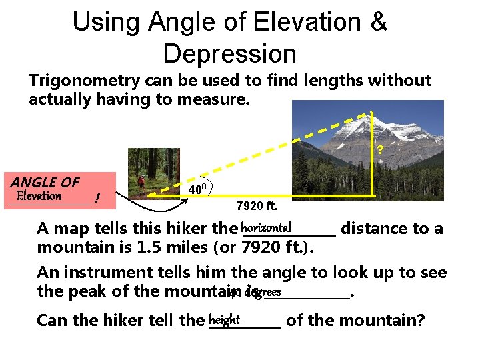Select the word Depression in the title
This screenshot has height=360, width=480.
(229, 53)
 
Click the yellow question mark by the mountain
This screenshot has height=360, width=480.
(379, 151)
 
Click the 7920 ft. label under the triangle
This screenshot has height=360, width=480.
(257, 205)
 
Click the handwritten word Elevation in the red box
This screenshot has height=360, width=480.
(39, 196)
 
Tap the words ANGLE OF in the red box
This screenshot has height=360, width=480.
(45, 182)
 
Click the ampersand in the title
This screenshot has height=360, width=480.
(379, 22)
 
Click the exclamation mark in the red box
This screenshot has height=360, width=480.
(97, 198)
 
